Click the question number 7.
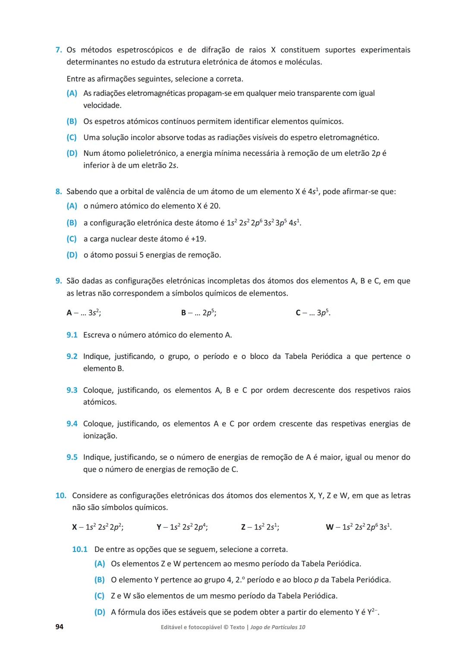(x=58, y=50)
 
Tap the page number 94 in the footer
(x=59, y=627)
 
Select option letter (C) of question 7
(x=72, y=138)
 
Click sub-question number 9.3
(x=72, y=390)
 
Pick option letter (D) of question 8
(x=72, y=255)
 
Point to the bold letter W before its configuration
(x=330, y=527)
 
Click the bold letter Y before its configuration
(x=159, y=527)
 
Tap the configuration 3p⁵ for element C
(x=323, y=313)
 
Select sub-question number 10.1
(x=79, y=549)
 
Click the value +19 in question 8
(x=198, y=239)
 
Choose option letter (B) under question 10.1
(x=99, y=580)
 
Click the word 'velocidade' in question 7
(x=102, y=105)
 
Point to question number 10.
(x=60, y=495)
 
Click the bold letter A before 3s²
(x=69, y=313)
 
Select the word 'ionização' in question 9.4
(x=100, y=436)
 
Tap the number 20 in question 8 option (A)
(x=214, y=206)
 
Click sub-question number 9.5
(x=72, y=457)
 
